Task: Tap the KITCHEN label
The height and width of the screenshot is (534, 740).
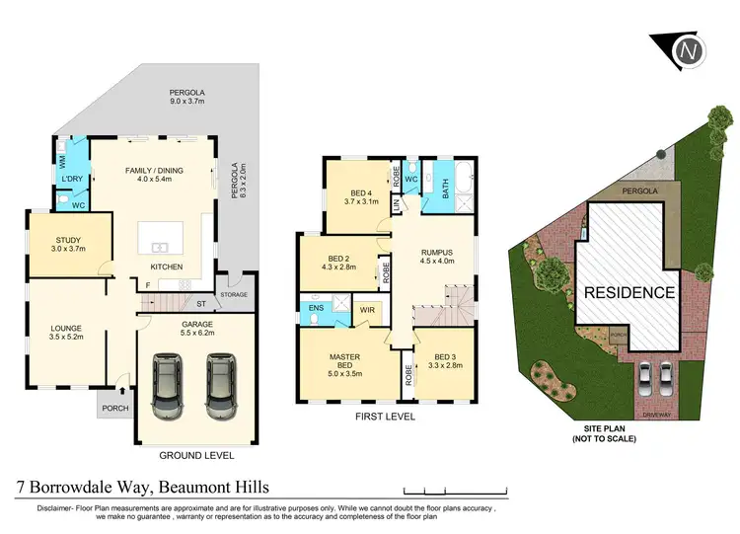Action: point(166,267)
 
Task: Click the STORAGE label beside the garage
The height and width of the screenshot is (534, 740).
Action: point(235,294)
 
